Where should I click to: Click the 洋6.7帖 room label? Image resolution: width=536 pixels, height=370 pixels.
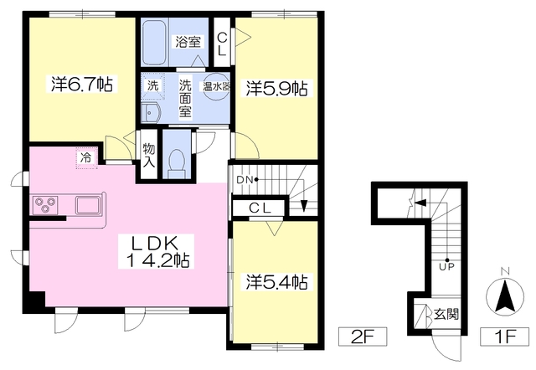click(82, 84)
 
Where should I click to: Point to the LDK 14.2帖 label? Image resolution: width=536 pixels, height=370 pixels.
click(156, 252)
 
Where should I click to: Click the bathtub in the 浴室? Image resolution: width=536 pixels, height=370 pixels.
click(154, 42)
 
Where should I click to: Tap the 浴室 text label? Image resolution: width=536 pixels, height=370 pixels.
click(188, 42)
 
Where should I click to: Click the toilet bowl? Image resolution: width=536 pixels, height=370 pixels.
click(177, 160)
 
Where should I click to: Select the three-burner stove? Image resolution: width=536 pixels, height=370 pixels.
click(45, 205)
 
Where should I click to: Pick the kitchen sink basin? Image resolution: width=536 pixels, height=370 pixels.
click(88, 205)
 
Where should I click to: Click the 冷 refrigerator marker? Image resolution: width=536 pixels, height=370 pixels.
click(86, 158)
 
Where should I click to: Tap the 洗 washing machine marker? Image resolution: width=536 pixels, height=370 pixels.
click(152, 85)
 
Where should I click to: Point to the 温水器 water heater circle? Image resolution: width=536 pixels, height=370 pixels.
click(216, 87)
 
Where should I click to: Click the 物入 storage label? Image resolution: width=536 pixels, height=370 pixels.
click(149, 156)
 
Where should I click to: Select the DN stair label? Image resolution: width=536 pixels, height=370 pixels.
click(245, 180)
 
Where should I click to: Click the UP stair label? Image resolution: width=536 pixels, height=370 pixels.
click(447, 266)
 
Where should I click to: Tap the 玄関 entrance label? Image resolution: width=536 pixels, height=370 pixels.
click(446, 314)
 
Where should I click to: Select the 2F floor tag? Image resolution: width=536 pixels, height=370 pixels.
click(363, 337)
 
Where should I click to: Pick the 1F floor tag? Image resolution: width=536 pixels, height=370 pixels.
click(505, 337)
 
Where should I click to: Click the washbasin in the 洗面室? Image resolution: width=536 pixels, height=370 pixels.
click(151, 112)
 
